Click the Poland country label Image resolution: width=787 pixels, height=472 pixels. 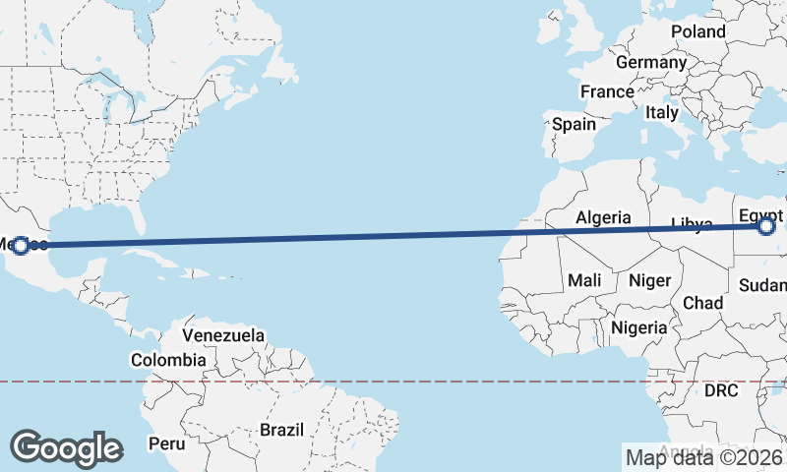click(x=698, y=31)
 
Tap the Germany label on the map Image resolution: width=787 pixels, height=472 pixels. click(x=651, y=62)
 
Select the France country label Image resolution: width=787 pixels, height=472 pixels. click(x=607, y=91)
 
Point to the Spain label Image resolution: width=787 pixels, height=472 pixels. click(x=574, y=124)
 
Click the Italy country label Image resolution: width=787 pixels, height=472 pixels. click(x=662, y=112)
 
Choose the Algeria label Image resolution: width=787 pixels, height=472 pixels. click(x=603, y=217)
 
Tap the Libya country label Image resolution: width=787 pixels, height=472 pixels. click(x=691, y=224)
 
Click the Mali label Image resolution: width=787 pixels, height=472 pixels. click(x=584, y=280)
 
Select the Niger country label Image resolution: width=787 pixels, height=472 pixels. click(x=649, y=280)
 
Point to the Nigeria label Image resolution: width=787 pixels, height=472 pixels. click(x=638, y=327)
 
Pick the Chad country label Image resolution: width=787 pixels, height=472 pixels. click(x=703, y=302)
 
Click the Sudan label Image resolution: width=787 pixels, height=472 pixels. click(x=762, y=285)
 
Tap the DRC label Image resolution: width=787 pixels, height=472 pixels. click(x=721, y=390)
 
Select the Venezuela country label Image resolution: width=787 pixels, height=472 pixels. click(x=223, y=335)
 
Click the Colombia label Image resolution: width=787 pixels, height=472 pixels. click(x=168, y=360)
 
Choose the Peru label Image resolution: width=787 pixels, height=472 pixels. click(x=166, y=443)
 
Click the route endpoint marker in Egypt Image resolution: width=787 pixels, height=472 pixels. click(x=766, y=227)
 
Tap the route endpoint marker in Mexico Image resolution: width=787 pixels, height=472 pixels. click(x=20, y=244)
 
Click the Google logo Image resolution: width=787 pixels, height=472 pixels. click(x=66, y=447)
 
